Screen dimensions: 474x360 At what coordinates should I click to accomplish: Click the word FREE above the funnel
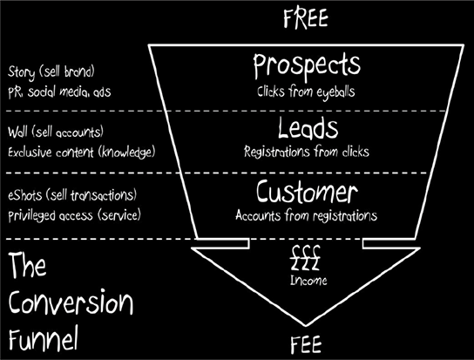tap(306, 18)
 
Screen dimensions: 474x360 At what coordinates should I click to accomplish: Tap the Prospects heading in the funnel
tap(307, 66)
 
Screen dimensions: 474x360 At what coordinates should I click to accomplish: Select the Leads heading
tap(308, 128)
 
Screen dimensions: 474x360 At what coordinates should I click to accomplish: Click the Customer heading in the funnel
tap(307, 192)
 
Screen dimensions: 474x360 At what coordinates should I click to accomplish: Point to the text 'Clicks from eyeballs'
tap(306, 92)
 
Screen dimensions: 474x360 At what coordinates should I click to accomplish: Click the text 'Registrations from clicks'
tap(307, 152)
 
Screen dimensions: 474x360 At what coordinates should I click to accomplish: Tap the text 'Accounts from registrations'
tap(306, 215)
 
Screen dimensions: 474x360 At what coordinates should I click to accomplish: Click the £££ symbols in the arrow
tap(305, 258)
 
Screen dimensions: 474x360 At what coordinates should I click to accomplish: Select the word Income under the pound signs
tap(308, 280)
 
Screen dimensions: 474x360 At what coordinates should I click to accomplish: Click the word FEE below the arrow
tap(306, 345)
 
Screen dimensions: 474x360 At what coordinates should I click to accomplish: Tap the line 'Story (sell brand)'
tap(51, 72)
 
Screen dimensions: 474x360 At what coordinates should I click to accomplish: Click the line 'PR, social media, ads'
tap(59, 92)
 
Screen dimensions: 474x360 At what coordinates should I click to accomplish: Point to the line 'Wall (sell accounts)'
tap(56, 132)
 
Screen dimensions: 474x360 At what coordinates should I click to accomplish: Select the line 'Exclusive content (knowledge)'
tap(82, 152)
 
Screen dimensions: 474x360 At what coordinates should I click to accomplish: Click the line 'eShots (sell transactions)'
tap(72, 195)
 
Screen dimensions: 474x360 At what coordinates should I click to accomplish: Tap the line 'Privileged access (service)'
tap(74, 215)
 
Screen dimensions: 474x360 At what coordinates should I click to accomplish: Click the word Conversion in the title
tap(71, 302)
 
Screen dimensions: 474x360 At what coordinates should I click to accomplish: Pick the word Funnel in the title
tap(44, 338)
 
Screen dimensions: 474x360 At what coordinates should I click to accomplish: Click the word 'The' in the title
tap(27, 265)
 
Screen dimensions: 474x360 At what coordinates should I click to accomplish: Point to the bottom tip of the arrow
tap(305, 326)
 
